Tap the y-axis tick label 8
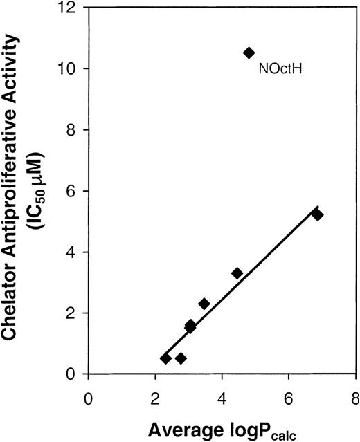tap(74, 130)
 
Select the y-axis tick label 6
tap(74, 191)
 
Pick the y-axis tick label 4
tap(74, 252)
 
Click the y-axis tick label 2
tap(74, 313)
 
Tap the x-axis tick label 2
tap(155, 398)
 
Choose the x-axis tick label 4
tap(222, 398)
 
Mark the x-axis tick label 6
tap(289, 398)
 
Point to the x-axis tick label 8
tap(355, 398)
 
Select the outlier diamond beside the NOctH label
tap(249, 53)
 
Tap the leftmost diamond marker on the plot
tap(165, 358)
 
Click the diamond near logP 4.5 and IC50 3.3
tap(237, 273)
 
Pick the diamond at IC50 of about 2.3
tap(204, 304)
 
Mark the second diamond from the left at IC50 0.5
tap(181, 358)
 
